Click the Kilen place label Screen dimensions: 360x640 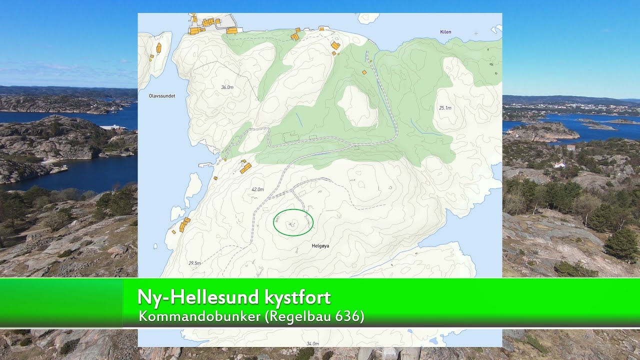pos(445,32)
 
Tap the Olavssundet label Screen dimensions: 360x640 pos(162,95)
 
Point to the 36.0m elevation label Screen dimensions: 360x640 pos(227,87)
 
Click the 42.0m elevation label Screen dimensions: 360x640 pos(257,189)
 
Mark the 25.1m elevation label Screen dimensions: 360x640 pos(445,108)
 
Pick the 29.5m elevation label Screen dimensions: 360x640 pos(194,263)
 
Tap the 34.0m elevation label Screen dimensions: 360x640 pos(312,343)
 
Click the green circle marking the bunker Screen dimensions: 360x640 pos(293,222)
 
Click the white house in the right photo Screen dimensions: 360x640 pos(559,164)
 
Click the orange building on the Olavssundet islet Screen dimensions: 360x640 pos(158,48)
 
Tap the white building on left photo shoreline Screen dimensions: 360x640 pos(114,127)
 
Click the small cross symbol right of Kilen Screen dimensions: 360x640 pos(476,33)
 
